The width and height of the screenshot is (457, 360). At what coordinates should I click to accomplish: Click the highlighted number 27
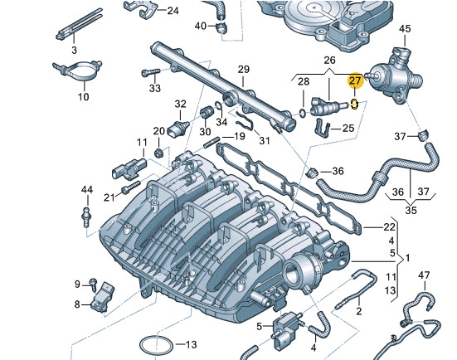pyautogui.click(x=355, y=80)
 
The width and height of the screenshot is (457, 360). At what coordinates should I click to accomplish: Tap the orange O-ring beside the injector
pyautogui.click(x=353, y=105)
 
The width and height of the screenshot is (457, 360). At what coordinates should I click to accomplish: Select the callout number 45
pyautogui.click(x=405, y=29)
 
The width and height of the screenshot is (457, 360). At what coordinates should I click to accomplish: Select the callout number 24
pyautogui.click(x=173, y=11)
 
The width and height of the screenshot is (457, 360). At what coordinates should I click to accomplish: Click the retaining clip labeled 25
pyautogui.click(x=323, y=128)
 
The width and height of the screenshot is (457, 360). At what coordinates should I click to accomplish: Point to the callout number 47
pyautogui.click(x=424, y=275)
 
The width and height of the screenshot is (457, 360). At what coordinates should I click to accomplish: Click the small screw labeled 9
pyautogui.click(x=93, y=284)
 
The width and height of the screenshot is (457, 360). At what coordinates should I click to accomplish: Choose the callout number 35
pyautogui.click(x=411, y=210)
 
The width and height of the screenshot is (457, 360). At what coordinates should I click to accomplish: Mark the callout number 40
pyautogui.click(x=200, y=26)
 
